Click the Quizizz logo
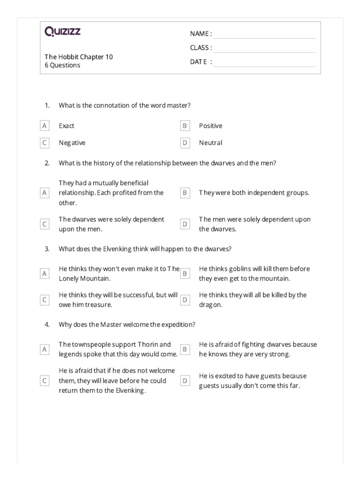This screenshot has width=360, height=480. (x=63, y=32)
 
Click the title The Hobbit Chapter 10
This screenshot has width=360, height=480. (x=79, y=57)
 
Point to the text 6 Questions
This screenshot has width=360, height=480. (x=62, y=65)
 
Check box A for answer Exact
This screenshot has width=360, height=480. (x=45, y=126)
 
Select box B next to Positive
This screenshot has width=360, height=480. (x=185, y=126)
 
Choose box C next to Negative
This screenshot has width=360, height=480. (x=45, y=142)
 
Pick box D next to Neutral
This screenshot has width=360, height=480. (x=185, y=142)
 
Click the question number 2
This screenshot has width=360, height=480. (x=47, y=163)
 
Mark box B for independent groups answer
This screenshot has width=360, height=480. (x=185, y=193)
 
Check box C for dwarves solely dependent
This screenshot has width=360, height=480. (x=45, y=225)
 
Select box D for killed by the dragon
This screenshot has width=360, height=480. (x=185, y=300)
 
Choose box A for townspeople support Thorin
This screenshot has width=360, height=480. (x=45, y=349)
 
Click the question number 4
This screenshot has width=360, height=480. (x=47, y=324)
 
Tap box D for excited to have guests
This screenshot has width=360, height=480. (x=185, y=381)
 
